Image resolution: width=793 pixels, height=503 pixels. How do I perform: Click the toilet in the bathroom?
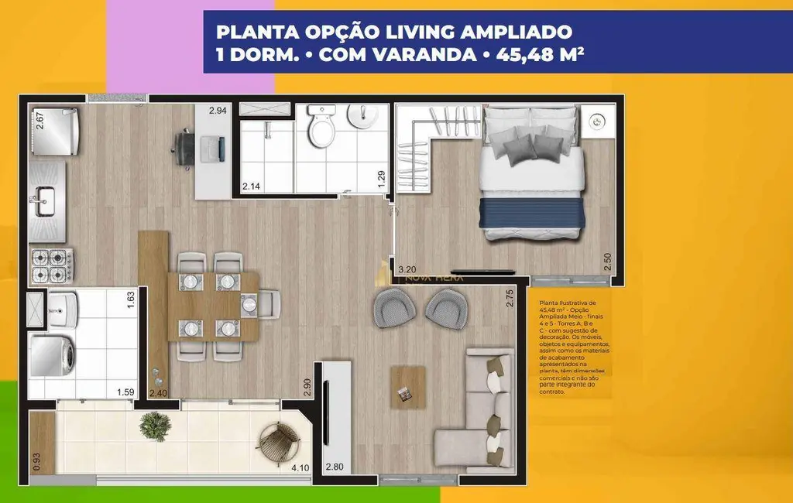click(320, 127)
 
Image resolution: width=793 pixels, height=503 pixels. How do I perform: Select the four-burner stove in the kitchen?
click(50, 265)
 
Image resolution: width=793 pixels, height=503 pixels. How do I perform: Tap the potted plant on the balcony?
click(156, 425)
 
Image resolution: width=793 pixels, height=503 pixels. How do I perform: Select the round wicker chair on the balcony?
click(279, 444)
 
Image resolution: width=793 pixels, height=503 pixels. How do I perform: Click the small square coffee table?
click(408, 387)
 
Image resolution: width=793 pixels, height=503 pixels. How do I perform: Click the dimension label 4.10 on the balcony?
click(300, 467)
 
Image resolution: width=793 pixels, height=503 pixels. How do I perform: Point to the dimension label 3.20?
click(407, 270)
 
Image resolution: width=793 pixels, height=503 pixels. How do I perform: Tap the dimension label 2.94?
click(218, 111)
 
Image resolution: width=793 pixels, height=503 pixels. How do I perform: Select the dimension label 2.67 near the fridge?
click(39, 122)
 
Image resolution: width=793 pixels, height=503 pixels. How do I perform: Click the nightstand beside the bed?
click(597, 122)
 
